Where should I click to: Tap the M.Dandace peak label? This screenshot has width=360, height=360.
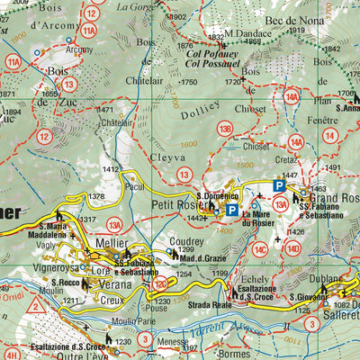click(x=247, y=34)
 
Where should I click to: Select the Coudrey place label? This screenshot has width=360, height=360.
click(x=184, y=240)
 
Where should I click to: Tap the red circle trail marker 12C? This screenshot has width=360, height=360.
click(x=161, y=285)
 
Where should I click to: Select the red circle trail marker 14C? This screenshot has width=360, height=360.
click(x=260, y=249)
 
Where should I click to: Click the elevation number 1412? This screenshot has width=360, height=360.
click(x=111, y=169)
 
